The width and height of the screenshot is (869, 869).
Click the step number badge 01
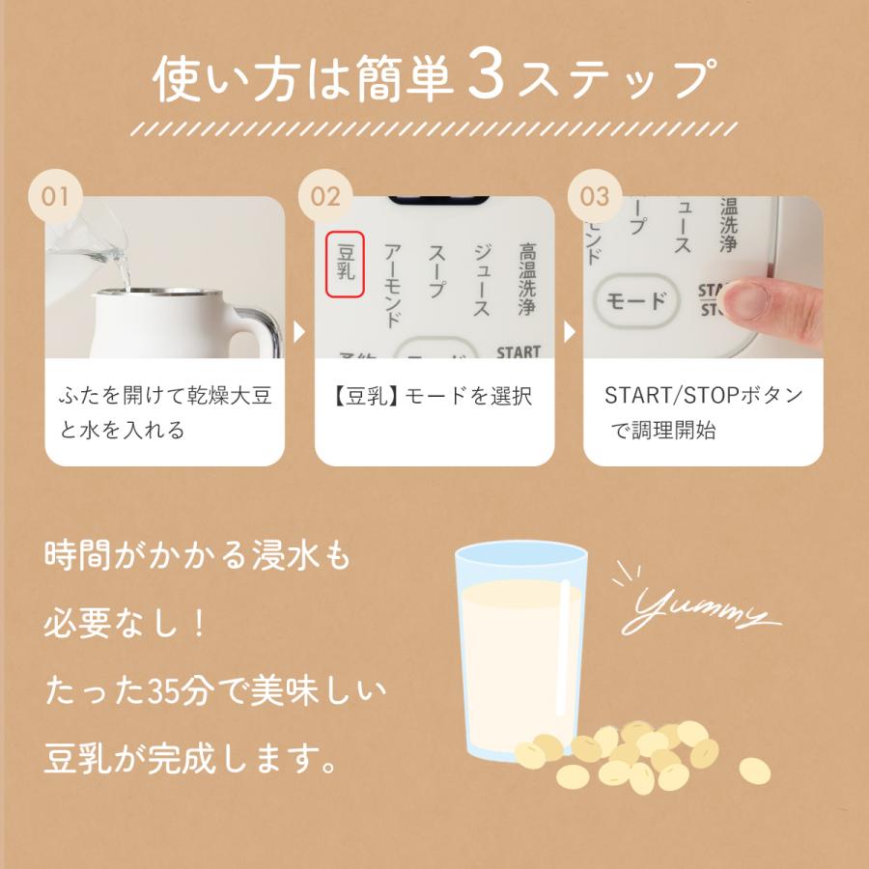(x=56, y=196)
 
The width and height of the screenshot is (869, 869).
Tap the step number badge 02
(x=325, y=196)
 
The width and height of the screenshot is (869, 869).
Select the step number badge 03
(x=595, y=196)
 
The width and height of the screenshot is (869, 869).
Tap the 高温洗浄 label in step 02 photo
(x=526, y=279)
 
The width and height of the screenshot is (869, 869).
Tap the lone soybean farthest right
(x=754, y=770)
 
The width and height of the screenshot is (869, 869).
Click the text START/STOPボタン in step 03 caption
(x=703, y=396)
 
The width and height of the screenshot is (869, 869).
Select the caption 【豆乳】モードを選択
(x=434, y=396)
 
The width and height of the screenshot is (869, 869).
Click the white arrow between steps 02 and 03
(x=569, y=332)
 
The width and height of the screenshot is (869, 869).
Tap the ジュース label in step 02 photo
(x=480, y=279)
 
